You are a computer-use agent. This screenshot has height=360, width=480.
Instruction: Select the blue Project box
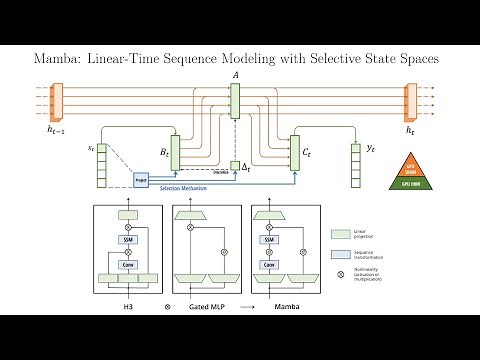pyautogui.click(x=141, y=180)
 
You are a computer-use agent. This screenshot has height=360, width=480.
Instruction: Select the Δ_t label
pyautogui.click(x=247, y=167)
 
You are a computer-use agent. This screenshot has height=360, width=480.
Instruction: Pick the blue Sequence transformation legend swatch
pyautogui.click(x=340, y=255)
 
